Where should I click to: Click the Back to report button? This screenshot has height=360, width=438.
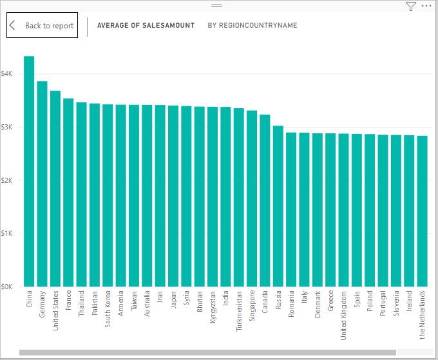coord(43,26)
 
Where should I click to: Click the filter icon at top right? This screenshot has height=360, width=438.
coord(411,6)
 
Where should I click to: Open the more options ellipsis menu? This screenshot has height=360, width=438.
coord(426,6)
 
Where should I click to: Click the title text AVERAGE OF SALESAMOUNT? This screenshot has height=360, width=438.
coord(146,26)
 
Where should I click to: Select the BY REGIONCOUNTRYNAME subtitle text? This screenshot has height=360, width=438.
coord(252,26)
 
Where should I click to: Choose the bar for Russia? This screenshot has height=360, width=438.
coord(278,206)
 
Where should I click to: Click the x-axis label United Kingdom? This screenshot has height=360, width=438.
coord(343,316)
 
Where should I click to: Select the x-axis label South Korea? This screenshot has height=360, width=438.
coord(108,312)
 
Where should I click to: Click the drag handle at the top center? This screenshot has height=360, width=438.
coord(217,5)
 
